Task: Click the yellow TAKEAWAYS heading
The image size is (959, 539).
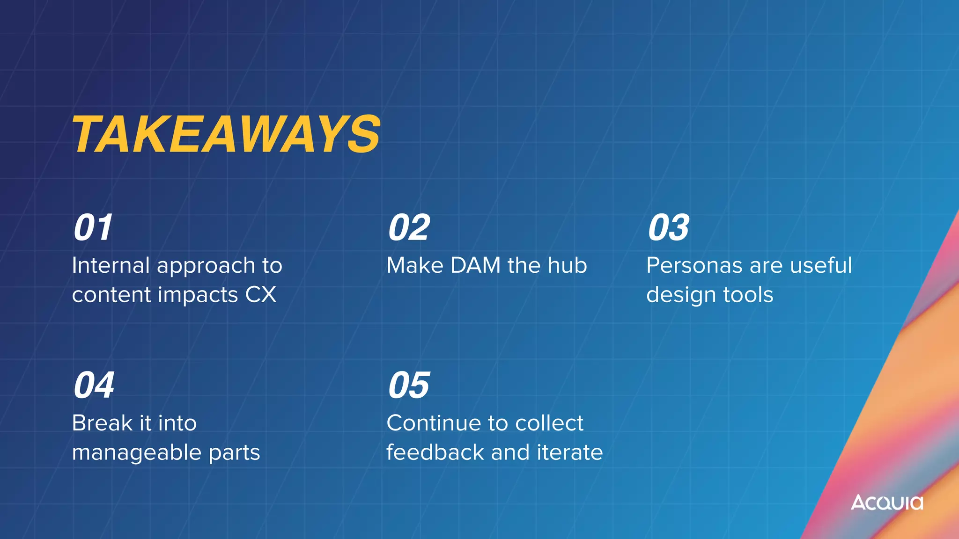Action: pyautogui.click(x=227, y=135)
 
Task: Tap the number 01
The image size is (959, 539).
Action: pyautogui.click(x=93, y=228)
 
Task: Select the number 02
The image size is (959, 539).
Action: pyautogui.click(x=409, y=228)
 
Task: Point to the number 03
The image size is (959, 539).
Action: pyautogui.click(x=669, y=228)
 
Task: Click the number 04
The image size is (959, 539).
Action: pyautogui.click(x=94, y=386)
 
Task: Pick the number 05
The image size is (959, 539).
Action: pyautogui.click(x=409, y=386)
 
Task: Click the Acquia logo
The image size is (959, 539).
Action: pyautogui.click(x=887, y=503)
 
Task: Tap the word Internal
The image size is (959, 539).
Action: pyautogui.click(x=111, y=265)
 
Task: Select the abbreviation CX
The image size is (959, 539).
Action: pyautogui.click(x=261, y=295)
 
